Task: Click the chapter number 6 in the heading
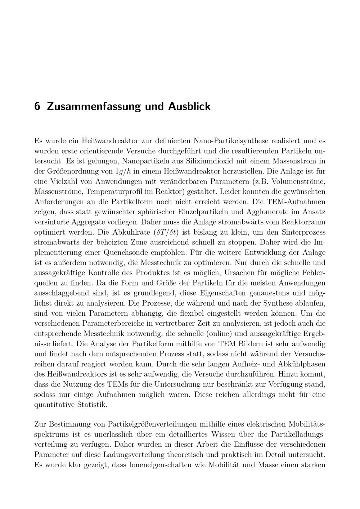tap(37, 107)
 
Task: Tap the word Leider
tap(230, 190)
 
